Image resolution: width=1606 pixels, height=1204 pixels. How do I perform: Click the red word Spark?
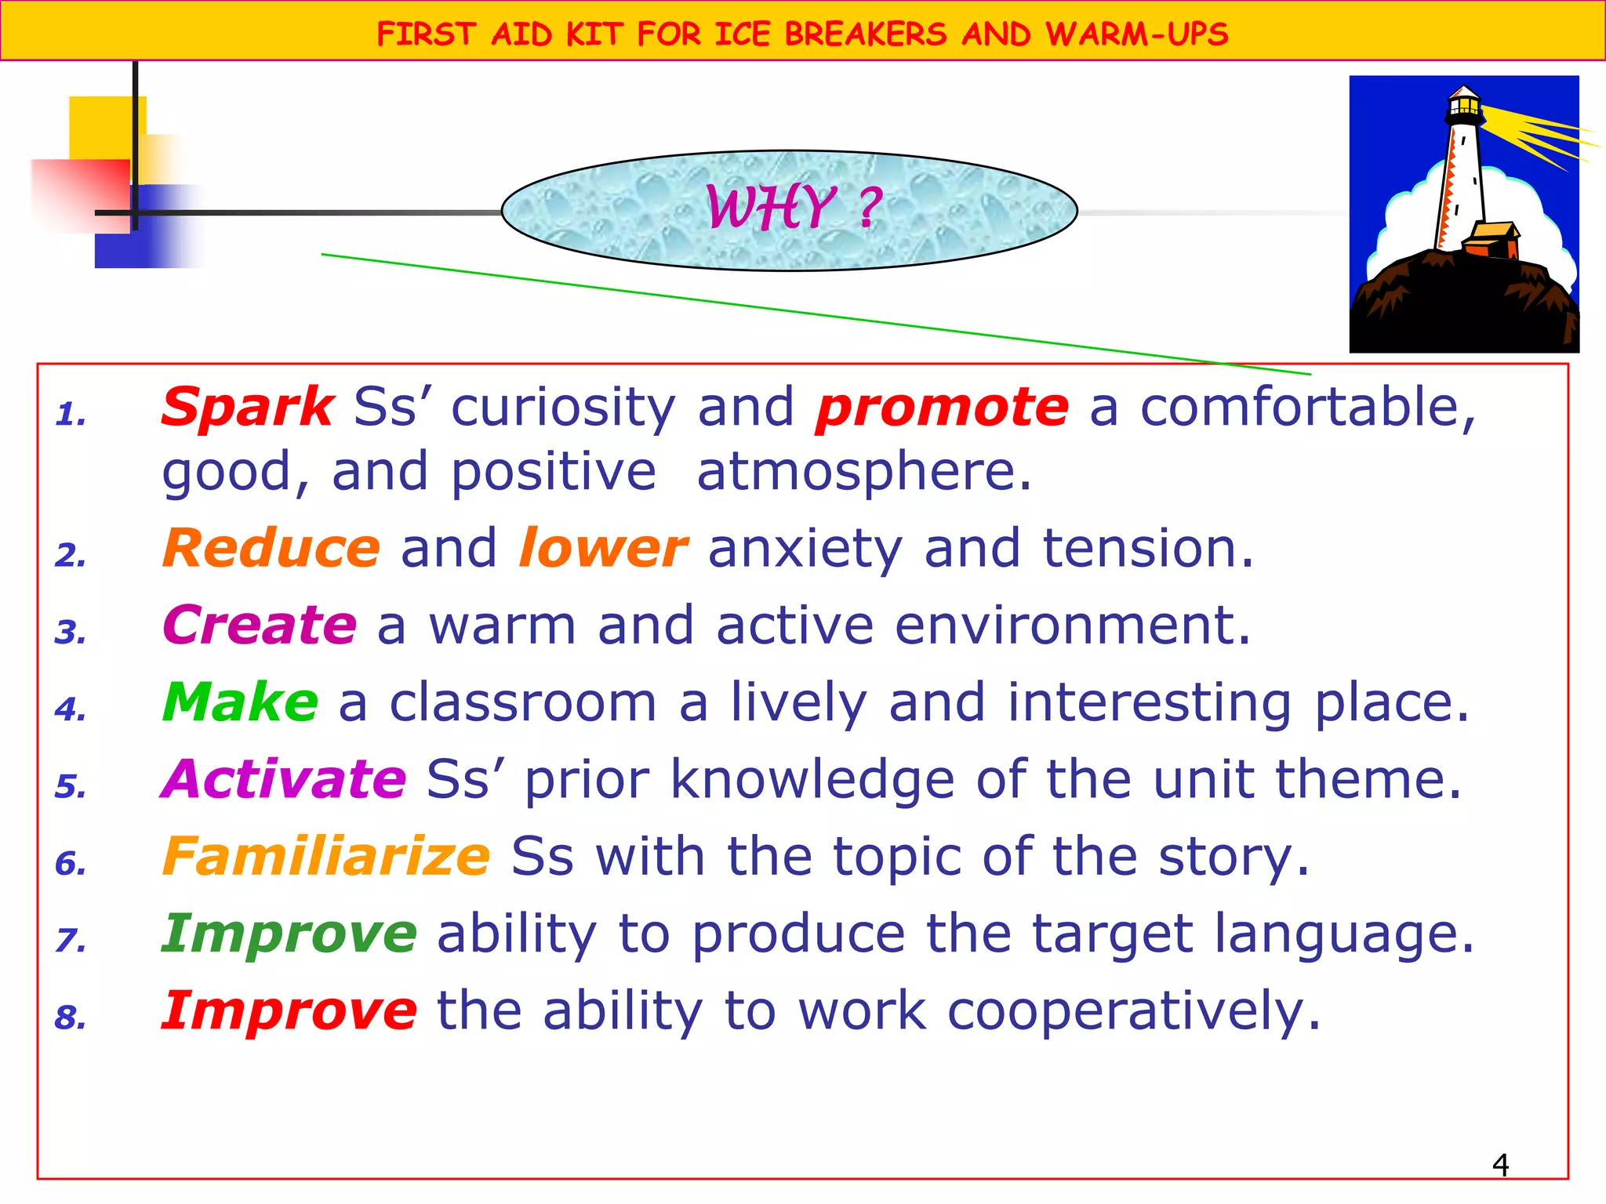tap(248, 408)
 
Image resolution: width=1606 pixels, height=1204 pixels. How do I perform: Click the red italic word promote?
tap(942, 408)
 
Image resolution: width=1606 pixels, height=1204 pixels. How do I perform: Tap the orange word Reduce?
tap(271, 548)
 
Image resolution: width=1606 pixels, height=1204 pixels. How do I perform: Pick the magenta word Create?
tap(260, 626)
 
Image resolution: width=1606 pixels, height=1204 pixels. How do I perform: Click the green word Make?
tap(240, 702)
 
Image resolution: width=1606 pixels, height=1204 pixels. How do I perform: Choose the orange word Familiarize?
tap(326, 856)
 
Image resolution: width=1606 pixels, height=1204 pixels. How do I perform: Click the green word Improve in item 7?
tap(289, 934)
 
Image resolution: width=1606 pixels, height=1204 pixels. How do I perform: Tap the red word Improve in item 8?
tap(289, 1010)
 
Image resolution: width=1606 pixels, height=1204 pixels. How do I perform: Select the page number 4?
tap(1500, 1166)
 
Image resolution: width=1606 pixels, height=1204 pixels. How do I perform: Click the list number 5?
tap(70, 787)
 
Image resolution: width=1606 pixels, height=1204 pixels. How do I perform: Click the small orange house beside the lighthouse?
tap(1492, 241)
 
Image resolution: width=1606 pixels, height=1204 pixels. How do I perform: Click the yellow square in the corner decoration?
tap(102, 125)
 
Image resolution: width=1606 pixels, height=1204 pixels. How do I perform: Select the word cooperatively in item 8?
tap(1133, 1010)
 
